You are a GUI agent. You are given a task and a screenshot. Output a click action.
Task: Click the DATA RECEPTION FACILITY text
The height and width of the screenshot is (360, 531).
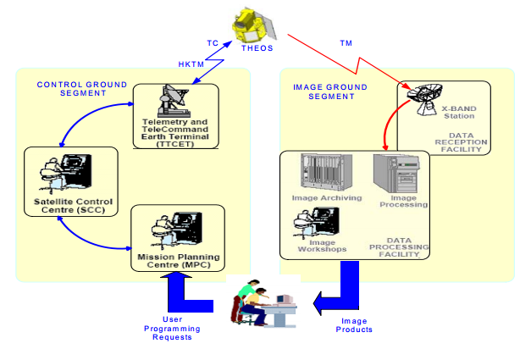[462, 141]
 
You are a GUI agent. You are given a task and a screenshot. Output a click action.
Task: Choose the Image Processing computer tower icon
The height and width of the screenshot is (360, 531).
[395, 175]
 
